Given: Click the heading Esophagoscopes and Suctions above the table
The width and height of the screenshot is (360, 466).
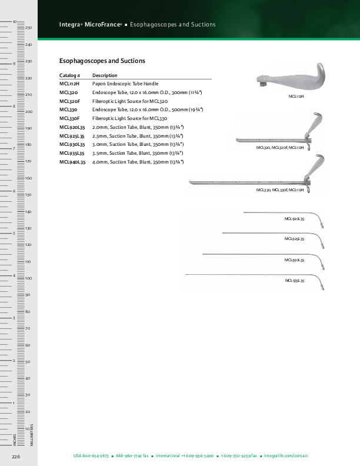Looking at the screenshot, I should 102,61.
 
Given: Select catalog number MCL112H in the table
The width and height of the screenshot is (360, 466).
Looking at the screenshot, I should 69,84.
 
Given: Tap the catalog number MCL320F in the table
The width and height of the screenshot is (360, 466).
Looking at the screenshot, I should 71,101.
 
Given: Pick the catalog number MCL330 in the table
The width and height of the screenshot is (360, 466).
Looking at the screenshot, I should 69,109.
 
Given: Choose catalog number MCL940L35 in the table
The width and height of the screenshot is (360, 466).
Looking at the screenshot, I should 72,161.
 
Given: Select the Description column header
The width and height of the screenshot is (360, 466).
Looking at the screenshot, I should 105,75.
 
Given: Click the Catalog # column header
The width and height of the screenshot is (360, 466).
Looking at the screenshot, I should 69,75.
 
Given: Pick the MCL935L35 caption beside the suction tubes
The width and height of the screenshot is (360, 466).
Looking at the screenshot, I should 294,281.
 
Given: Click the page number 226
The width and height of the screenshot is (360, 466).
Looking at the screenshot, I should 16,456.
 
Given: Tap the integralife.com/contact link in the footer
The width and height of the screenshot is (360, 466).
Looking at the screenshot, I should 286,456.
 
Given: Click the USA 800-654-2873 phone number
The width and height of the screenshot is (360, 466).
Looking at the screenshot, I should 91,456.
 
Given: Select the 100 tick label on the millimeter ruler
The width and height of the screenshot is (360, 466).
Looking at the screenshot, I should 28,278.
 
